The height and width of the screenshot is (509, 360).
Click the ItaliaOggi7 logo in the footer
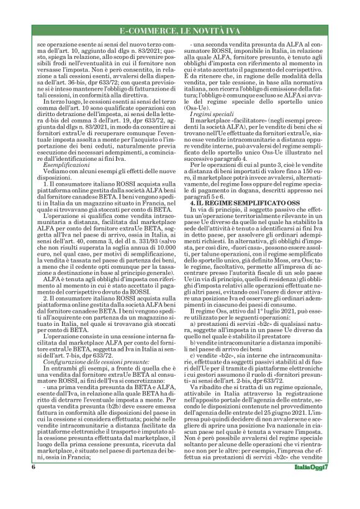click(313, 485)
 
